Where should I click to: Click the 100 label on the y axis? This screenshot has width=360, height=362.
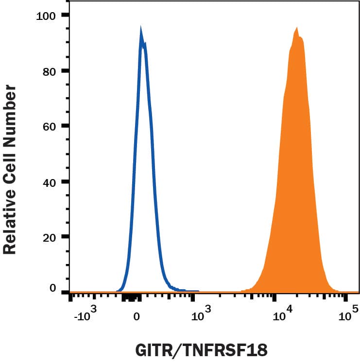47,16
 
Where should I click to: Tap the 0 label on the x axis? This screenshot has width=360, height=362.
137,317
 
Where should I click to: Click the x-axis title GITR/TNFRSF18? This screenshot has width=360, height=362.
201,350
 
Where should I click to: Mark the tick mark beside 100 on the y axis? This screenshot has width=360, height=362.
65,15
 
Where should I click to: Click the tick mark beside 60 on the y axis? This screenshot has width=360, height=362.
65,126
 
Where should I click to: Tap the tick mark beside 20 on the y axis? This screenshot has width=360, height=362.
65,237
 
